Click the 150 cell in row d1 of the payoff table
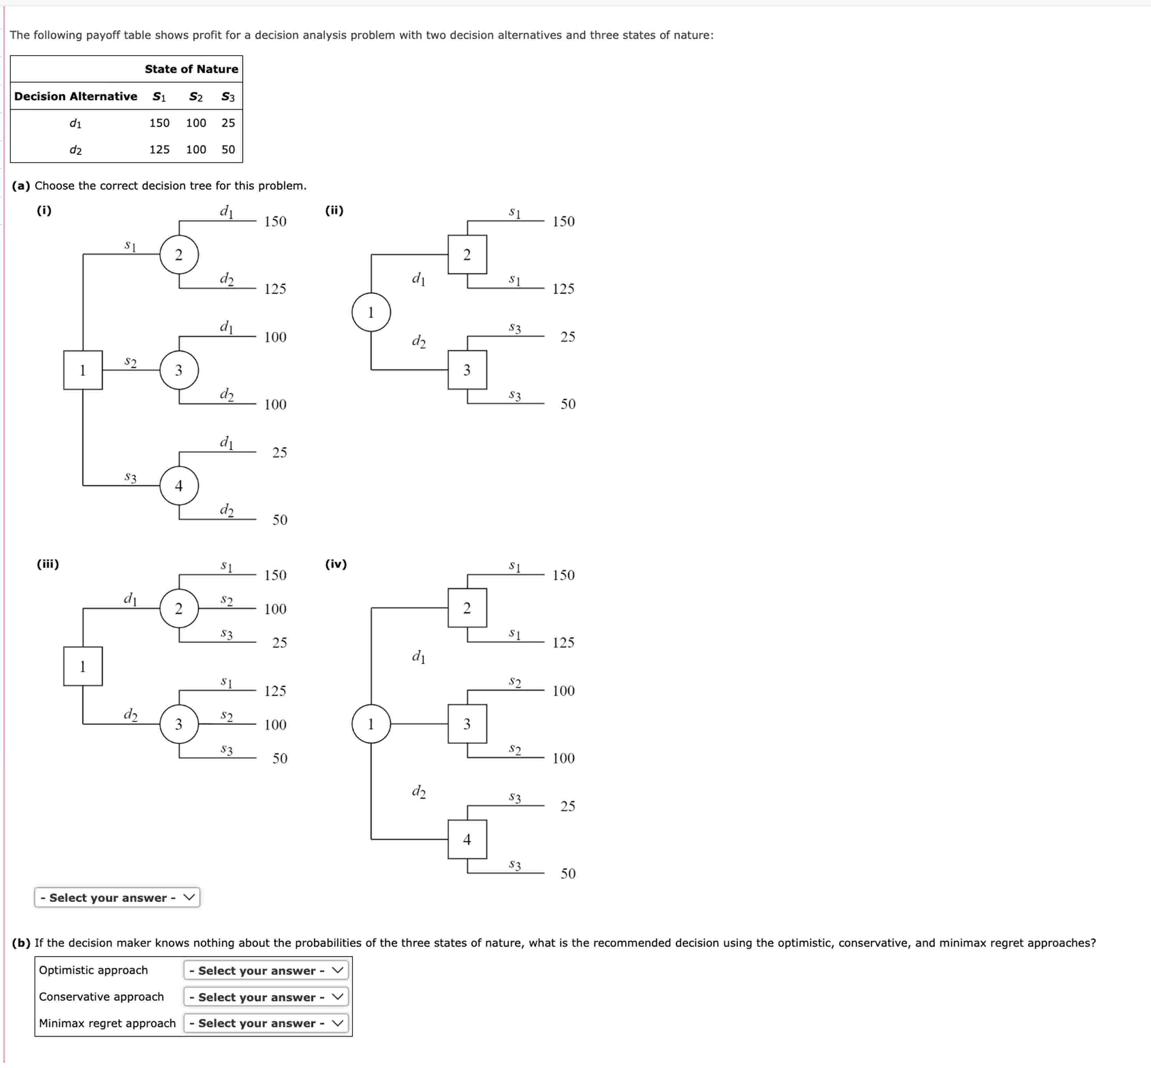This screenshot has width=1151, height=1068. point(159,123)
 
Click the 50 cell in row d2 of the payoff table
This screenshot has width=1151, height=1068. point(228,150)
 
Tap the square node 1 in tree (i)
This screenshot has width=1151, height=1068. point(82,370)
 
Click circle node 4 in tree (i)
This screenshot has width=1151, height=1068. point(179,486)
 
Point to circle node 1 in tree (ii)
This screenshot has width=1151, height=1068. point(371,312)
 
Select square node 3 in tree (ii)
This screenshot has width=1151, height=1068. point(467,370)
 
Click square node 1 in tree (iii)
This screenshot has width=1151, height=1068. point(82,666)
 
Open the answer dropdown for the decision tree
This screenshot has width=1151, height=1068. point(117,898)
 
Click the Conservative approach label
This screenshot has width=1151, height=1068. point(102,997)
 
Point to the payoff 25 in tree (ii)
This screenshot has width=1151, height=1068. point(567,337)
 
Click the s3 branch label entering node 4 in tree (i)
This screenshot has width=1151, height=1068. point(131,477)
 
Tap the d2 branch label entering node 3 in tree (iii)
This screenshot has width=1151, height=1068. point(131,715)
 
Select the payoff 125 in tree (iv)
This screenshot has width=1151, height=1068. point(563,643)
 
